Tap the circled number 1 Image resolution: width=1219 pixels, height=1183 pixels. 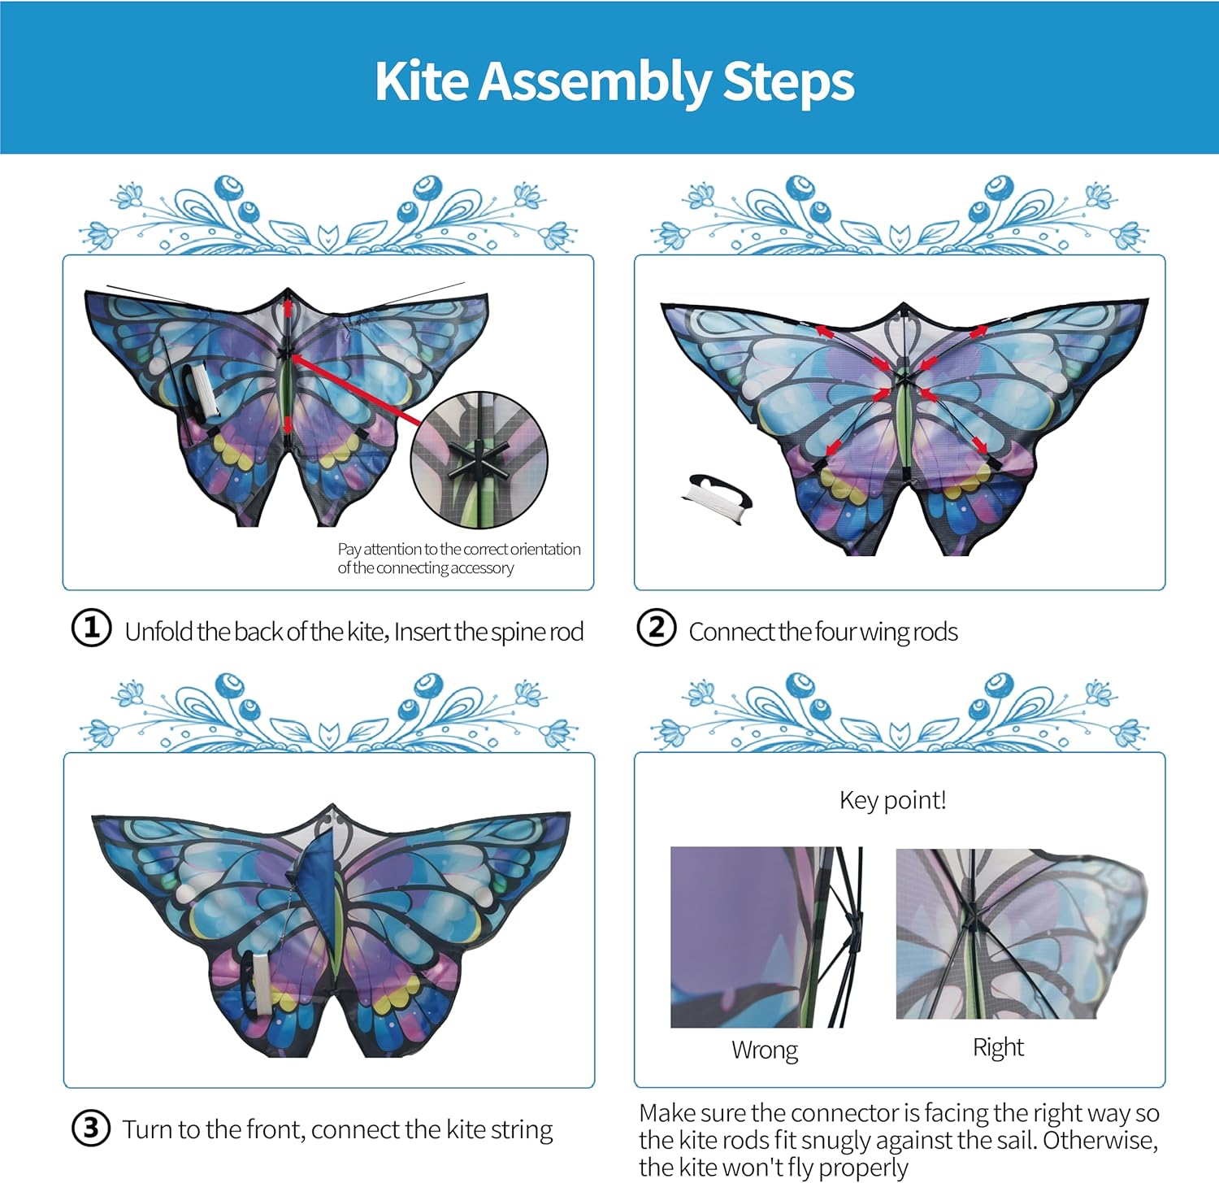(91, 628)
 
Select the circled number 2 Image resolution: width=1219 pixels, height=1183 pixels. (656, 628)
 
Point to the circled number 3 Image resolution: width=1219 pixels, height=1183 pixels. (91, 1129)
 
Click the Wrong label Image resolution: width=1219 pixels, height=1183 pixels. (764, 1050)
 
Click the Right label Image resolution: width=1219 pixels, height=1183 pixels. (998, 1047)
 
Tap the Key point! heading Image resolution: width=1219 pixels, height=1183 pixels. (892, 800)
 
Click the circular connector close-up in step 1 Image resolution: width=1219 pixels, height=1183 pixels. (479, 460)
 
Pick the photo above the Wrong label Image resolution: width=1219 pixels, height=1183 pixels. (766, 937)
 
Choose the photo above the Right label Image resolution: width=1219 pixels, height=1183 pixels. (1020, 933)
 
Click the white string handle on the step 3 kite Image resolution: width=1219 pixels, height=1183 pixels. (261, 982)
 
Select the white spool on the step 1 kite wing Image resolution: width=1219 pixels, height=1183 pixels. (202, 392)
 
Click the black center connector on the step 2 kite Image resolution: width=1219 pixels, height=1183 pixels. (903, 376)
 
